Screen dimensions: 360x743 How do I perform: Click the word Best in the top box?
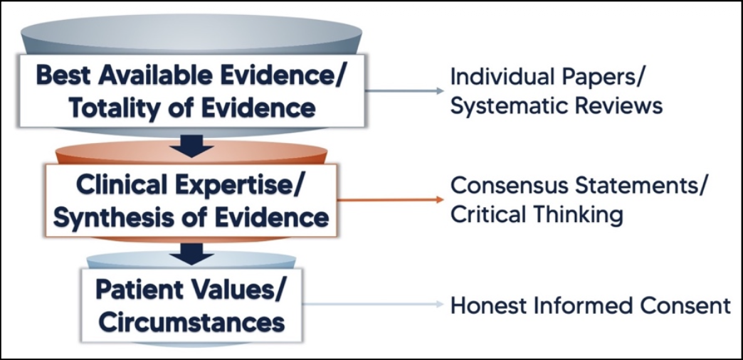click(x=61, y=75)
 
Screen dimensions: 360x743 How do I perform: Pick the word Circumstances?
click(x=191, y=322)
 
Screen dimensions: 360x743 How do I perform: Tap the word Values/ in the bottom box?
click(x=241, y=291)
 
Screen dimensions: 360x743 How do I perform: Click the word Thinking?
click(x=574, y=214)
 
